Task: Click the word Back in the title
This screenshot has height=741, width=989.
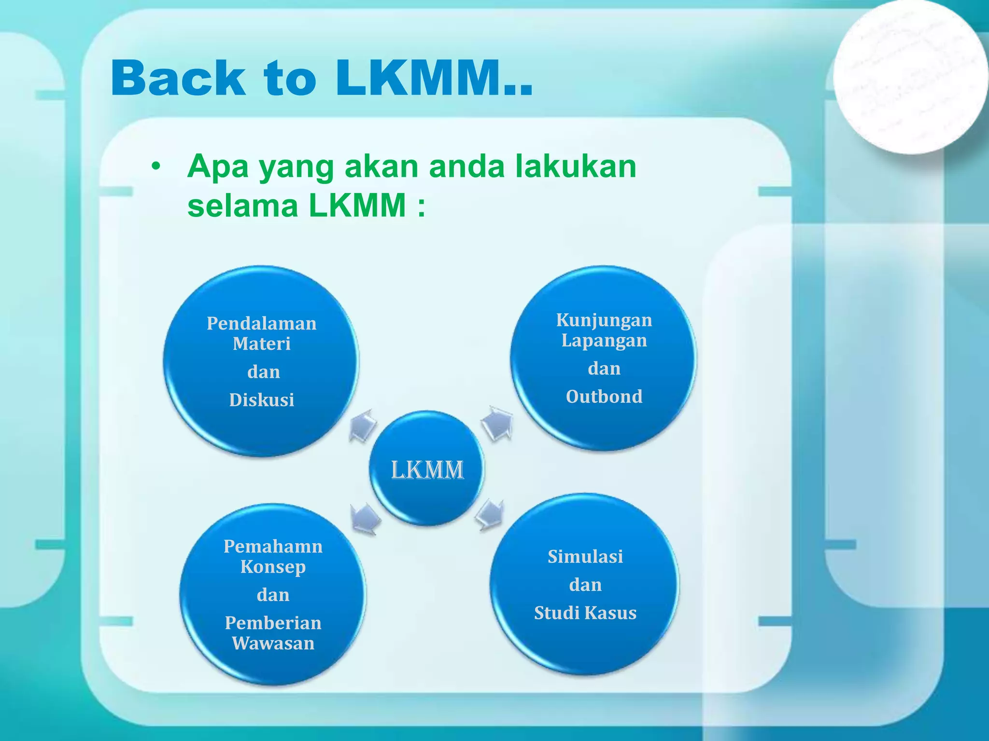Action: pos(177,78)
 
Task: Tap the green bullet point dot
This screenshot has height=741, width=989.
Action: pos(155,167)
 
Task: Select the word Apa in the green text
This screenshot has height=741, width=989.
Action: pos(217,167)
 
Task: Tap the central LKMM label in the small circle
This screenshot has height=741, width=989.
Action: pos(427,470)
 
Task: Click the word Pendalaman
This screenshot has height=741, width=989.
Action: pos(261,323)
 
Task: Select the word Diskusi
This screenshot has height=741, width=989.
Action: pos(261,400)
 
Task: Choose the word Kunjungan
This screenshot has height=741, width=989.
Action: pos(604,320)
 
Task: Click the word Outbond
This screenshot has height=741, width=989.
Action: pos(604,397)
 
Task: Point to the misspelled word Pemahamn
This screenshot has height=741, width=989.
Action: pos(273,546)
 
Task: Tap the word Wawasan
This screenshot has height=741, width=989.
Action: pos(273,643)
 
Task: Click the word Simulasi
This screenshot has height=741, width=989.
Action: pos(585,557)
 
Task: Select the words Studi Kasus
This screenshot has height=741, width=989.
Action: pos(585,613)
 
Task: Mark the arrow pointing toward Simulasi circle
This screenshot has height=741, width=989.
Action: pos(490,515)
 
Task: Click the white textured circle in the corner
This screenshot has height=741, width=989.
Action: pos(910,77)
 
